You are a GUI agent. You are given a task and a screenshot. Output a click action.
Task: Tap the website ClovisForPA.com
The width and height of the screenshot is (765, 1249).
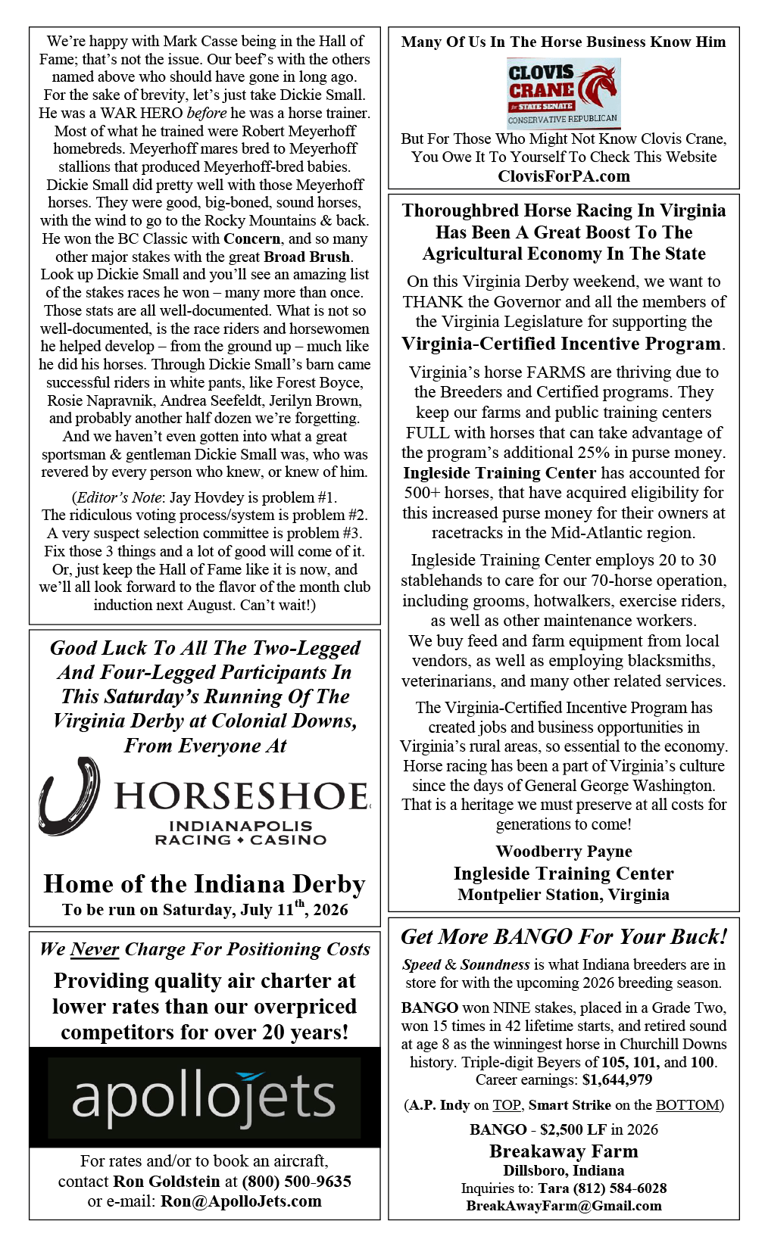pyautogui.click(x=564, y=176)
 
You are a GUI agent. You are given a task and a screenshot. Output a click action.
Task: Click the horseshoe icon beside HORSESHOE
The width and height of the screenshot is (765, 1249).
pyautogui.click(x=70, y=796)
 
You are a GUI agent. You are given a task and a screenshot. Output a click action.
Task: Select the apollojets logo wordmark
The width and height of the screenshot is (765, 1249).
pyautogui.click(x=204, y=1098)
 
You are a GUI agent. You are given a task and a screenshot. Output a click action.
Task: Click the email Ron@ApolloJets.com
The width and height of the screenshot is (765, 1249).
pyautogui.click(x=241, y=1201)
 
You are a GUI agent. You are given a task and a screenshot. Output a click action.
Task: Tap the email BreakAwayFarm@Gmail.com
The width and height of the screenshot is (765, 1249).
pyautogui.click(x=564, y=1206)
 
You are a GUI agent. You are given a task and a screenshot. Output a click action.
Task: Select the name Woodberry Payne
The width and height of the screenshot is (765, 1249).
pyautogui.click(x=564, y=852)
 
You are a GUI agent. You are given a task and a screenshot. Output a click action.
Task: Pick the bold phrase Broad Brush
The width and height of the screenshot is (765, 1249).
pyautogui.click(x=307, y=257)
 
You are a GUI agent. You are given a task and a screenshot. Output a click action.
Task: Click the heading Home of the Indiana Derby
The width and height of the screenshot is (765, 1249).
pyautogui.click(x=205, y=884)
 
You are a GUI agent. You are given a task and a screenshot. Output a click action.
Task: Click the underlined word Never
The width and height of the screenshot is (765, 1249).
pyautogui.click(x=95, y=949)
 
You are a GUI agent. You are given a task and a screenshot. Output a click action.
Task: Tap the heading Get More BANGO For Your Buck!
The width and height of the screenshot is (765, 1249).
pyautogui.click(x=564, y=937)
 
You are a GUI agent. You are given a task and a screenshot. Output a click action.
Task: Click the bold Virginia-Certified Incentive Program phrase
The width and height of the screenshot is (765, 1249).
pyautogui.click(x=561, y=344)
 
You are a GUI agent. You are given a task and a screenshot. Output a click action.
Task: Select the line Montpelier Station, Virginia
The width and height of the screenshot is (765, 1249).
pyautogui.click(x=564, y=895)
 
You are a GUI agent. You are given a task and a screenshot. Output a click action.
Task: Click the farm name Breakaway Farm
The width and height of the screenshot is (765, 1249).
pyautogui.click(x=564, y=1151)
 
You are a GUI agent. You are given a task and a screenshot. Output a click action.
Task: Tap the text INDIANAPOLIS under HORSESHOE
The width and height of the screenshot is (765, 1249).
pyautogui.click(x=241, y=826)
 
